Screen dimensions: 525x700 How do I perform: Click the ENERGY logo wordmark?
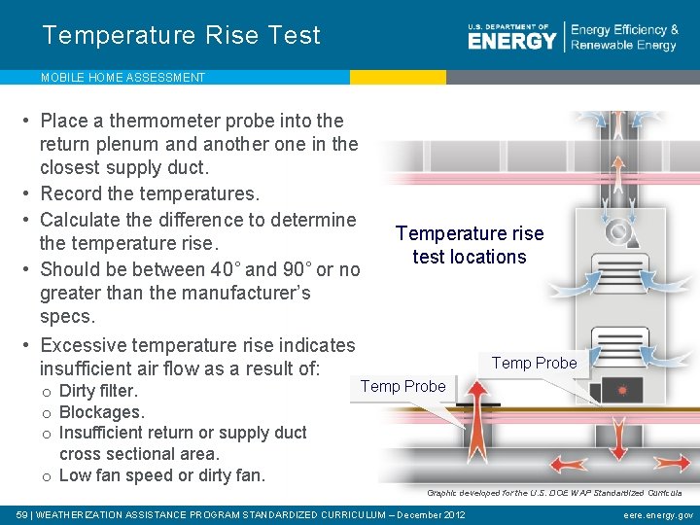click(512, 40)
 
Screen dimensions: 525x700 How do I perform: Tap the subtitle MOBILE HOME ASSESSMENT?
click(122, 78)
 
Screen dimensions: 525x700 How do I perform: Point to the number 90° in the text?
click(292, 269)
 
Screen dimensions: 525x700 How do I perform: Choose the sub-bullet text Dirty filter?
click(98, 392)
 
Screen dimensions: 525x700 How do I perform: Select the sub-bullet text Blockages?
click(101, 412)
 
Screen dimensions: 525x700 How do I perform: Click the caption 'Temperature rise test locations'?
click(470, 245)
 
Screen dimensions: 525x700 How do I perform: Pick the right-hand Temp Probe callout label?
click(534, 363)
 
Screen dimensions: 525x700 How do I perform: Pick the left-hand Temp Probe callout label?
click(402, 386)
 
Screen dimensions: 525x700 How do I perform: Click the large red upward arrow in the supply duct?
click(474, 408)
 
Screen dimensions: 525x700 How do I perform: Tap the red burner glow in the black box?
click(623, 390)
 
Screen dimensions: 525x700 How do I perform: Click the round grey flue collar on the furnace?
click(616, 232)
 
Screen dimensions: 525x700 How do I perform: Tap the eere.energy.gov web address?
click(658, 514)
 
